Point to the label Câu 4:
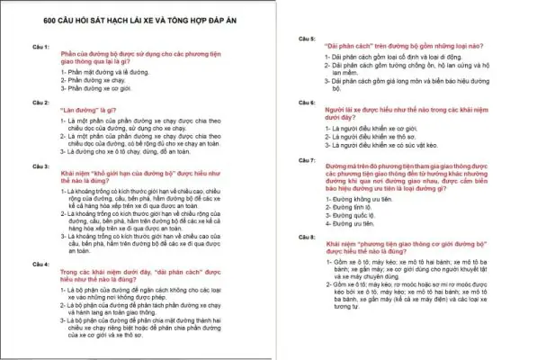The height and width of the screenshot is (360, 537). [x=40, y=263]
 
